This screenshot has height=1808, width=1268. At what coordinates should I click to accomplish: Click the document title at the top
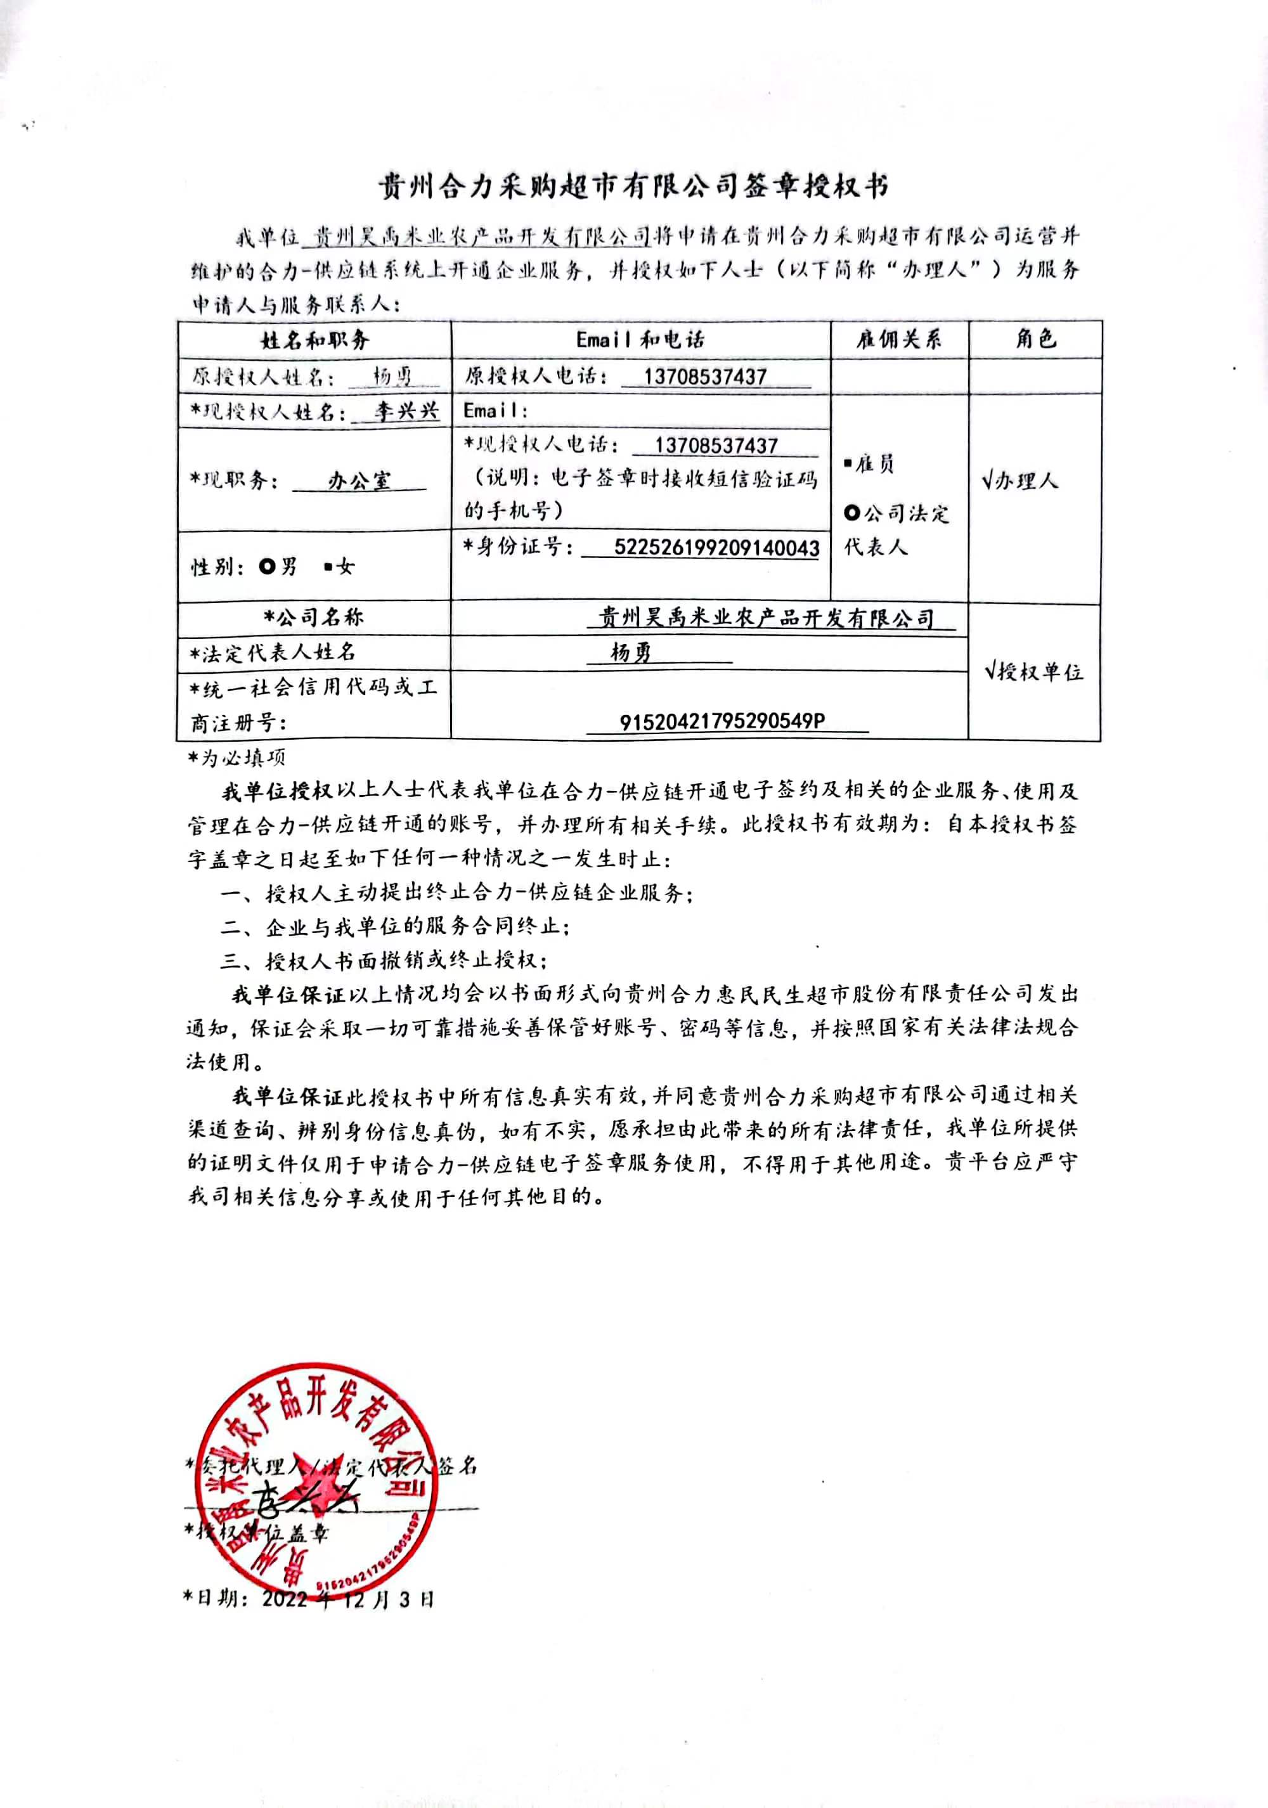(x=633, y=186)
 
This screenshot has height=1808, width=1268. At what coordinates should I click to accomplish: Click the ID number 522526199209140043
(x=716, y=548)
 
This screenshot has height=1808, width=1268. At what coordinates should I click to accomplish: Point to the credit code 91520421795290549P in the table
(x=722, y=721)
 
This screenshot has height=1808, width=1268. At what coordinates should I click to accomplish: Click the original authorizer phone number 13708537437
(x=705, y=377)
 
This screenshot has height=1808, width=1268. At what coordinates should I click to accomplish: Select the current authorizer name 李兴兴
(x=406, y=411)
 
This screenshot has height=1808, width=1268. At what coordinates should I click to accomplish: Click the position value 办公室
(x=359, y=481)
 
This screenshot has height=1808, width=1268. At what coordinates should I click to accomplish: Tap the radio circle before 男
(x=268, y=566)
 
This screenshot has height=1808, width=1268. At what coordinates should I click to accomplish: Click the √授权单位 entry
(x=1033, y=672)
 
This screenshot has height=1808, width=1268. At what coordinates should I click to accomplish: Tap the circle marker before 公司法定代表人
(x=851, y=513)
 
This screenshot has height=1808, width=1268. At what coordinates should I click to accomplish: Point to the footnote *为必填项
(x=236, y=758)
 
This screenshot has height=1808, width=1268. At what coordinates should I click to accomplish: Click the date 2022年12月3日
(x=347, y=1599)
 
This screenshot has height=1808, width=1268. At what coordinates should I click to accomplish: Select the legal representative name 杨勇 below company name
(x=631, y=652)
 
